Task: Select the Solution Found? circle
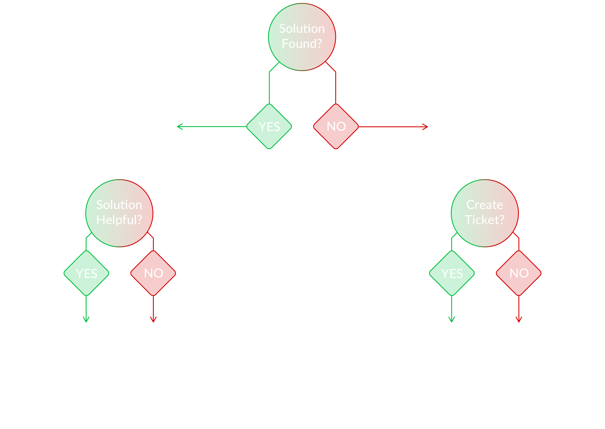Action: click(x=302, y=37)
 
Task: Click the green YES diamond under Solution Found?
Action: click(x=269, y=127)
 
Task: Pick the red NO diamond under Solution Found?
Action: click(x=336, y=127)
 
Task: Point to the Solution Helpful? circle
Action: click(x=119, y=213)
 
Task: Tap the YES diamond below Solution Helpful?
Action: click(x=86, y=273)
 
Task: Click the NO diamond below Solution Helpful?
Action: click(x=153, y=273)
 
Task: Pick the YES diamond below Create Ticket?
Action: click(x=452, y=273)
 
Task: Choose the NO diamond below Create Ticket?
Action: click(x=519, y=273)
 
